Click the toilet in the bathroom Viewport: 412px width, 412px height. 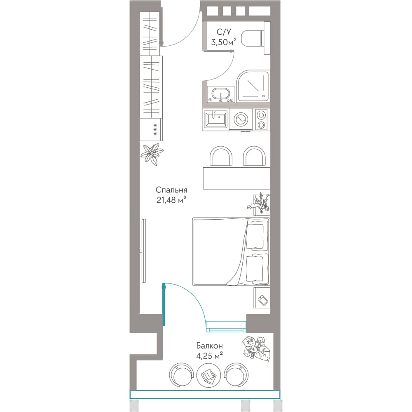pyautogui.click(x=253, y=39)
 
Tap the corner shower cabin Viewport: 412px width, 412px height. pyautogui.click(x=253, y=86)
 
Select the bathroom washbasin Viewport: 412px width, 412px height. pyautogui.click(x=221, y=94)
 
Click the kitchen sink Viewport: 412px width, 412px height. pyautogui.click(x=215, y=119)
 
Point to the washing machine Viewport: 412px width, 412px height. pyautogui.click(x=241, y=119)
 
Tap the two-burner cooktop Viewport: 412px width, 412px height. pyautogui.click(x=261, y=119)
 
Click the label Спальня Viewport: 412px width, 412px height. pyautogui.click(x=171, y=190)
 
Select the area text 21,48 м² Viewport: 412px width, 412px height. pyautogui.click(x=171, y=200)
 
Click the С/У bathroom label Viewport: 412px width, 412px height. pyautogui.click(x=224, y=32)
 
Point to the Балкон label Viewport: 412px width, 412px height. pyautogui.click(x=209, y=346)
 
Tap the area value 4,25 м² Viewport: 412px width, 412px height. pyautogui.click(x=209, y=356)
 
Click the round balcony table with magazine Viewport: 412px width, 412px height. pyautogui.click(x=208, y=375)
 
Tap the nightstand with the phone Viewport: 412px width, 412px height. pyautogui.click(x=262, y=297)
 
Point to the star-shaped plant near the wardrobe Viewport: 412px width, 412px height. pyautogui.click(x=152, y=154)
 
